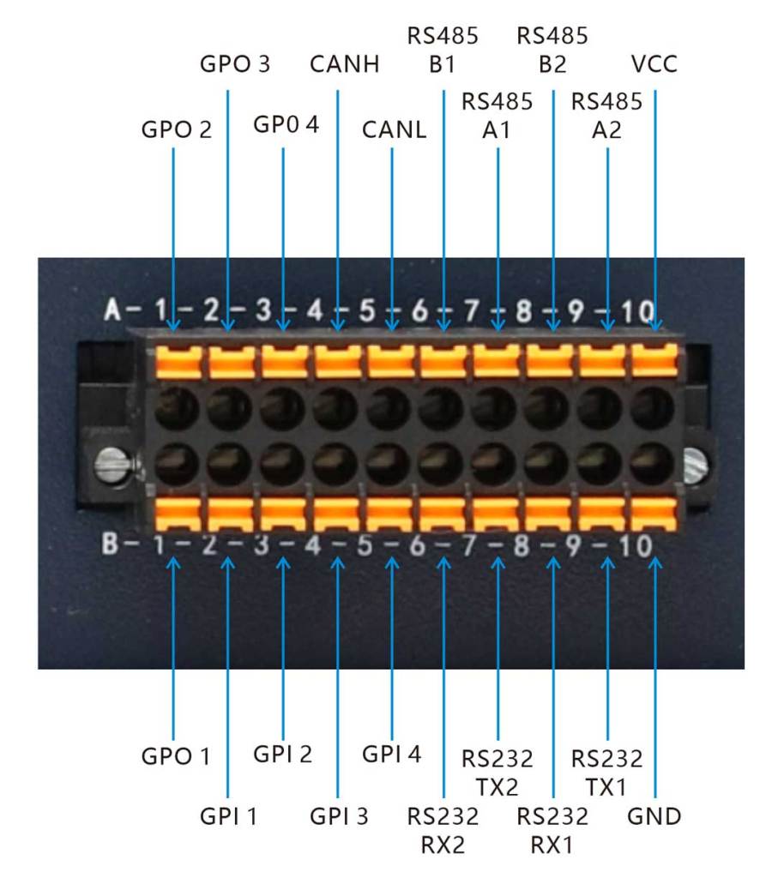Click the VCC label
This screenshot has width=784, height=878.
(x=654, y=64)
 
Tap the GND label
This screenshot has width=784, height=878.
(x=654, y=815)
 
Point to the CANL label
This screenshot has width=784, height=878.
(x=394, y=129)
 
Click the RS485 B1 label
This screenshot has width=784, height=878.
(x=443, y=51)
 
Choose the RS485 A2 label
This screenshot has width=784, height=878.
(x=607, y=115)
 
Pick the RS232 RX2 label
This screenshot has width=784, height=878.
(x=443, y=829)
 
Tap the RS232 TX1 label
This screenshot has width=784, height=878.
(x=607, y=772)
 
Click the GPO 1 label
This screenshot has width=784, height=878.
(x=176, y=757)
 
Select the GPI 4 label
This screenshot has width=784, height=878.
(x=392, y=755)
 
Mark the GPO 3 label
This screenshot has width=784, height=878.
(x=234, y=64)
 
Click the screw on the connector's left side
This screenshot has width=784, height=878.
(x=112, y=468)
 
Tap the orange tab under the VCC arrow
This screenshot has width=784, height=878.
(x=654, y=359)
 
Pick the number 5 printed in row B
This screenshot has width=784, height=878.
(x=365, y=545)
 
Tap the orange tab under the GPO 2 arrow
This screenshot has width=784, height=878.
(x=178, y=360)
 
